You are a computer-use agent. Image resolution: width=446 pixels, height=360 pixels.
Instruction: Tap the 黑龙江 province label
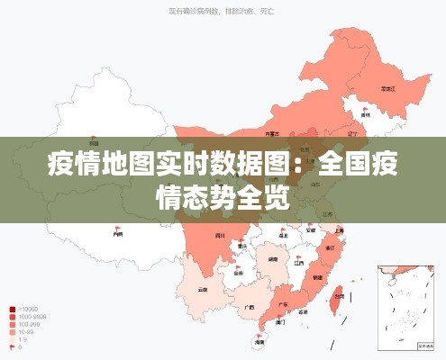[388, 89]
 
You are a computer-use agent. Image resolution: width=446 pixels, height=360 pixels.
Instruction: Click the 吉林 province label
[365, 115]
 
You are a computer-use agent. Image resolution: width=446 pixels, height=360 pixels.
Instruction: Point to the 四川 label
[219, 236]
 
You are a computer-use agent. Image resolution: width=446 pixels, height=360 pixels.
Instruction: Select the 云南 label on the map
[203, 290]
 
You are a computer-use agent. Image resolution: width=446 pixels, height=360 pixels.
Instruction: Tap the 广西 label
[249, 307]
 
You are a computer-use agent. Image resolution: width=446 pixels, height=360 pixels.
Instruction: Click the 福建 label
[317, 278]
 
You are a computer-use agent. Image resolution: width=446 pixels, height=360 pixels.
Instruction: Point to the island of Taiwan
[338, 298]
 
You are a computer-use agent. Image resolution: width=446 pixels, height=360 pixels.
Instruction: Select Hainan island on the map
[259, 341]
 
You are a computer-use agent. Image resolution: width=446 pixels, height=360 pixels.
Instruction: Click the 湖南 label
[272, 258]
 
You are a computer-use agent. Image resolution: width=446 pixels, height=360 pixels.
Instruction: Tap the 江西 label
[298, 263]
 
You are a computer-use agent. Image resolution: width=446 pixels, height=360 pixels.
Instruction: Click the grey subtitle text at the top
[222, 12]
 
